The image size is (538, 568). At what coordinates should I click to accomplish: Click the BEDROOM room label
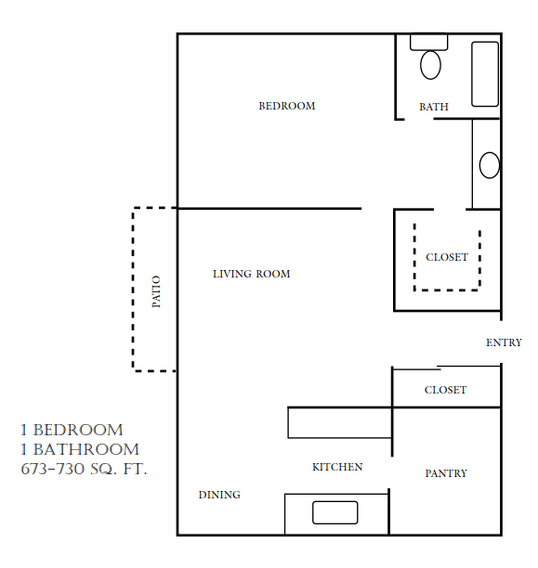[286, 106]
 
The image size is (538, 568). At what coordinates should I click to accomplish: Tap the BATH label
[433, 107]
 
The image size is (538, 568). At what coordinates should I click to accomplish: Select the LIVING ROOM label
[251, 274]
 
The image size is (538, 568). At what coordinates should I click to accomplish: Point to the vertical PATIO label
[156, 291]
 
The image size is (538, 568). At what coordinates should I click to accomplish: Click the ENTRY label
[504, 342]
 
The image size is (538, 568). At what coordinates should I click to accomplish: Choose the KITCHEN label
[337, 467]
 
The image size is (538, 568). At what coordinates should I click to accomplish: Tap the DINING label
[219, 495]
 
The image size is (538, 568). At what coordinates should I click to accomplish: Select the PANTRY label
[446, 473]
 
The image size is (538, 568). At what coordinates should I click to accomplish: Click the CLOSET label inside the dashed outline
[447, 257]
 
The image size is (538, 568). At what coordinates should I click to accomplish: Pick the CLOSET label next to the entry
[445, 390]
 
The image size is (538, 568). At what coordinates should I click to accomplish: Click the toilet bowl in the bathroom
[430, 65]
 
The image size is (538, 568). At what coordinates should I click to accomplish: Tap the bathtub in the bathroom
[485, 74]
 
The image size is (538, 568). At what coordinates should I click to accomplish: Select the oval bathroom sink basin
[490, 165]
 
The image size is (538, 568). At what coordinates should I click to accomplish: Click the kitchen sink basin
[335, 512]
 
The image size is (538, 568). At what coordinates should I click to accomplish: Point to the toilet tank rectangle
[429, 42]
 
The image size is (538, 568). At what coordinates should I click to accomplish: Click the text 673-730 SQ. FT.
[84, 470]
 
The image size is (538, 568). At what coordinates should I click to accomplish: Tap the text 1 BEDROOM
[72, 430]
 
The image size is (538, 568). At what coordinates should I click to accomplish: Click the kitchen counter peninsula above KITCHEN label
[339, 422]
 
